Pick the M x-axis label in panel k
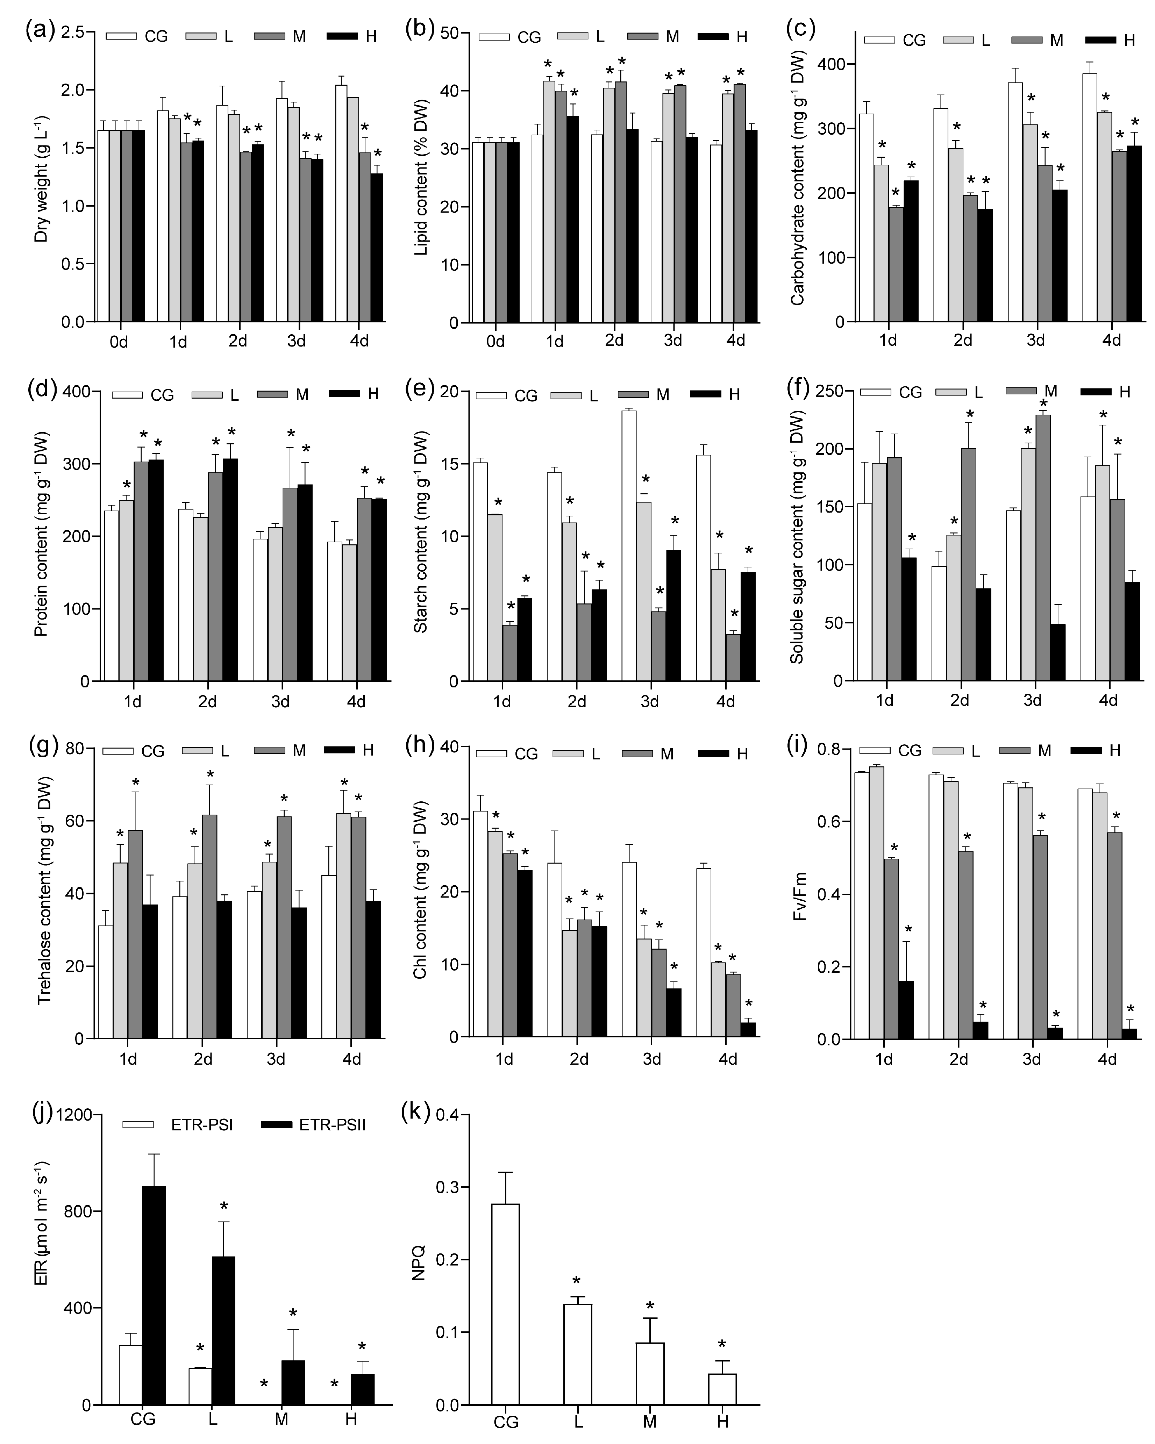point(649,1420)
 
